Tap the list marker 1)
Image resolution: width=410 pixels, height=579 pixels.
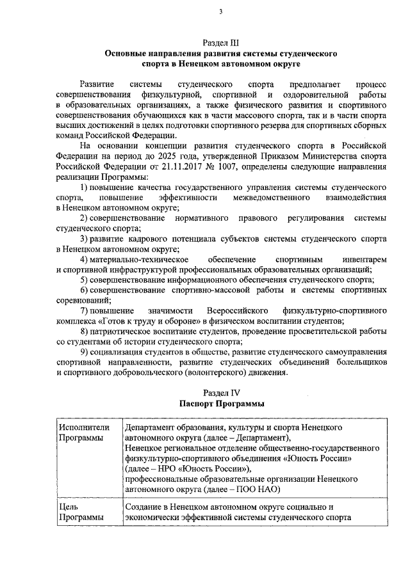85,187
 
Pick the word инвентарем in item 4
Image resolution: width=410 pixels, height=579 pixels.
364,258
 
